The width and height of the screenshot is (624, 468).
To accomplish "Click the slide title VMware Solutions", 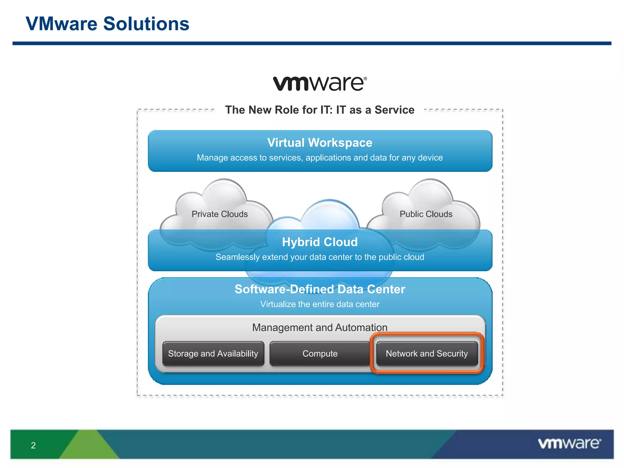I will point(107,24).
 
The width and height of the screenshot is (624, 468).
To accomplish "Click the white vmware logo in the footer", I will point(569,443).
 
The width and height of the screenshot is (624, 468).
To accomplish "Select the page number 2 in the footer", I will point(33,445).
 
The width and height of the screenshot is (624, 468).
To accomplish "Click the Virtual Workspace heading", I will point(320,143).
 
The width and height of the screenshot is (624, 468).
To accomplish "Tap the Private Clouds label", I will point(219,214).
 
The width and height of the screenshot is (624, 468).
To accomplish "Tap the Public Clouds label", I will point(426,214).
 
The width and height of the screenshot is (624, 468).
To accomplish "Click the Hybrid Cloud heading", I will point(320,242).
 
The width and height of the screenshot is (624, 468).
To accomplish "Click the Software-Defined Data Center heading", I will point(320,289).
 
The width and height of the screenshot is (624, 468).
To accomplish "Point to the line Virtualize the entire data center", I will point(320,304).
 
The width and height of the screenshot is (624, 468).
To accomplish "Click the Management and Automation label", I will point(320,327).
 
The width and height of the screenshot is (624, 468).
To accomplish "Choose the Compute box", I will point(320,353).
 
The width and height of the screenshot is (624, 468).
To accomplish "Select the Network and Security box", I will point(427,353).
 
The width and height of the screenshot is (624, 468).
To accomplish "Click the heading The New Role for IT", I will point(320,110).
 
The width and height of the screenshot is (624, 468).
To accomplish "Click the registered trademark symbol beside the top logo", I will point(365,79).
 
